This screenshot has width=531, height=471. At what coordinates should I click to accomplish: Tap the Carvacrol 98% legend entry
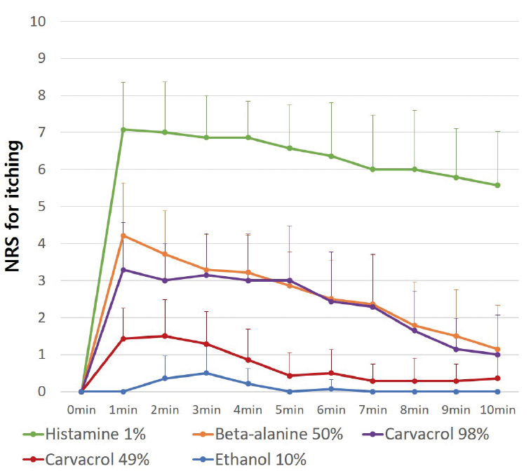(x=428, y=434)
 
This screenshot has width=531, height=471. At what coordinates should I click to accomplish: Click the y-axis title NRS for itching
(x=15, y=207)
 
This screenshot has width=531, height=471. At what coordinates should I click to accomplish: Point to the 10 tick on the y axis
(x=39, y=21)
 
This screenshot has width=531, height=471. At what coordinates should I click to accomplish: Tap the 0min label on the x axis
(x=81, y=408)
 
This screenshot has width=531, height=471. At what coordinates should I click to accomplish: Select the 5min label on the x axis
(x=289, y=408)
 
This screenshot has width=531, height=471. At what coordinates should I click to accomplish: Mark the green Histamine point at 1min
(x=123, y=129)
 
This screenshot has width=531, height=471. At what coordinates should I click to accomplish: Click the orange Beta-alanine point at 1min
(x=123, y=235)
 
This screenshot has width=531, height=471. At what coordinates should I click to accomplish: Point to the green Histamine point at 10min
(x=497, y=185)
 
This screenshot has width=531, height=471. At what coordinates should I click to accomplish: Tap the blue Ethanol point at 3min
(x=206, y=373)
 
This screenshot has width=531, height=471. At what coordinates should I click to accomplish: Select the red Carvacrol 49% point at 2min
(x=164, y=336)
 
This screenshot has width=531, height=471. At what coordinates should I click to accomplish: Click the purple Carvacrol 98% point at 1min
(x=123, y=269)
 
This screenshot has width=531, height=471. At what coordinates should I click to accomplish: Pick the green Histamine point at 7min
(x=372, y=169)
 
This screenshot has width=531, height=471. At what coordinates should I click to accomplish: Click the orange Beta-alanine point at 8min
(x=414, y=325)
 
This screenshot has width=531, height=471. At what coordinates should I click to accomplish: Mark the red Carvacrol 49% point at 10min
(x=497, y=378)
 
